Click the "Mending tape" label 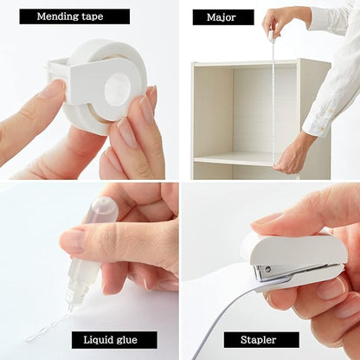point(74,16)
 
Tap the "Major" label point(223,16)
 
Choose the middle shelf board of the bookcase point(234,159)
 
